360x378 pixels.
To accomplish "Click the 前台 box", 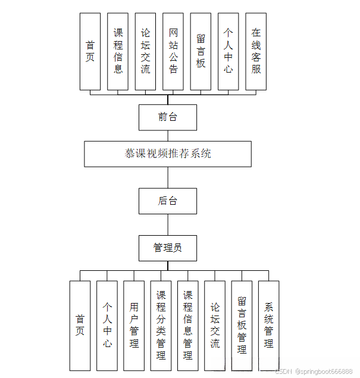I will tap(167, 117).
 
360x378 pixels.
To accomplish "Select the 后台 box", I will tap(167, 201).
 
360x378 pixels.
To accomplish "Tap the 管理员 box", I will tap(167, 248).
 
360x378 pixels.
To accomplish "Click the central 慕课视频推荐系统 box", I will tap(167, 154).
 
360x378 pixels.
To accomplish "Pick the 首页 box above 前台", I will tap(90, 51).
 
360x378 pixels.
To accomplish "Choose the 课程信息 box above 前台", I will tap(118, 51).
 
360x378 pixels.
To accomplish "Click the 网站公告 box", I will tap(173, 51).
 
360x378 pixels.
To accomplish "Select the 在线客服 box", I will tap(256, 51).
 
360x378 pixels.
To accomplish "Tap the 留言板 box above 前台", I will tap(201, 51).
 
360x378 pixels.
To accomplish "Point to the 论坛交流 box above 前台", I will tap(146, 51).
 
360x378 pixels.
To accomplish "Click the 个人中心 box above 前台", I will tap(228, 51).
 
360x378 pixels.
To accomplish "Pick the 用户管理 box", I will tap(134, 326).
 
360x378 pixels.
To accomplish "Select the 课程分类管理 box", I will tap(161, 326).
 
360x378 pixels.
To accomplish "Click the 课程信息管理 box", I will tap(187, 326).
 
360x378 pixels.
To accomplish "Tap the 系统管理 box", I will tap(268, 326).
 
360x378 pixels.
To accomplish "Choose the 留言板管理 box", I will tap(242, 326).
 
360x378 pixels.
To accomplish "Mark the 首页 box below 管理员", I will tap(80, 326).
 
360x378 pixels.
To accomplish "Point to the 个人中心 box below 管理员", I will tap(107, 326).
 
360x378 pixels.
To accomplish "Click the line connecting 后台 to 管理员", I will tap(168, 224).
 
